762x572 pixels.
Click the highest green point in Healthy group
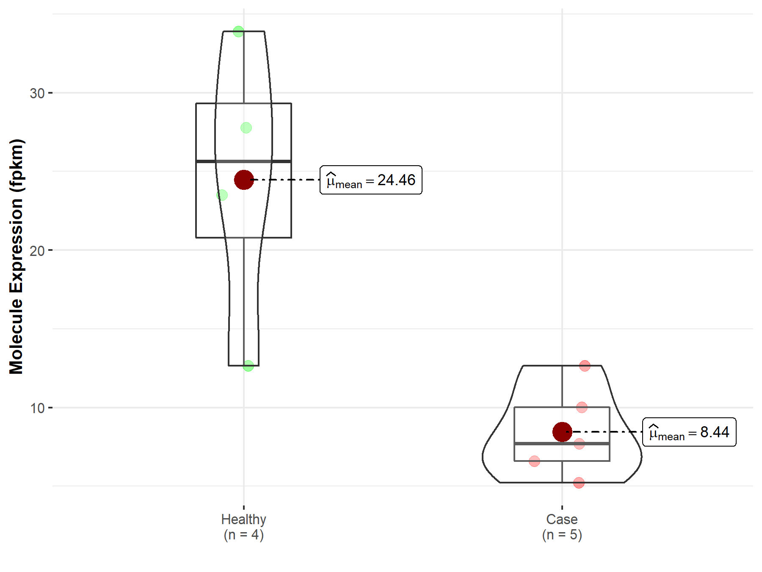pos(238,31)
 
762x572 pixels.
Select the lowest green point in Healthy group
pos(248,366)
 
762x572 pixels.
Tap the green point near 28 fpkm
pos(246,128)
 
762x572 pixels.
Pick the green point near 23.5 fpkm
pos(222,195)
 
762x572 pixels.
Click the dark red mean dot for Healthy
pos(244,180)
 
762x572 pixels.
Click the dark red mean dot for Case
pos(562,432)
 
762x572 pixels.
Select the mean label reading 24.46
pos(371,180)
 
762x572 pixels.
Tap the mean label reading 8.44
pos(689,432)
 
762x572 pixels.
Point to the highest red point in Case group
pos(585,366)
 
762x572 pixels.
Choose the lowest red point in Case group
pos(579,483)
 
